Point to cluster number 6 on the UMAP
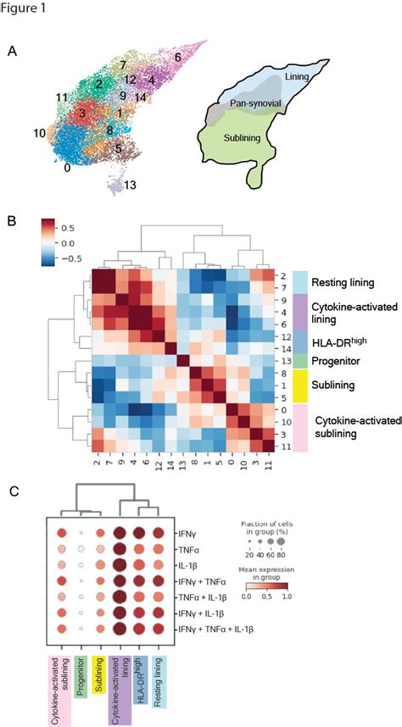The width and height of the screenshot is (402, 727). [177, 57]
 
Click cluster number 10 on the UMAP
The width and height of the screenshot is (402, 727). [39, 133]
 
